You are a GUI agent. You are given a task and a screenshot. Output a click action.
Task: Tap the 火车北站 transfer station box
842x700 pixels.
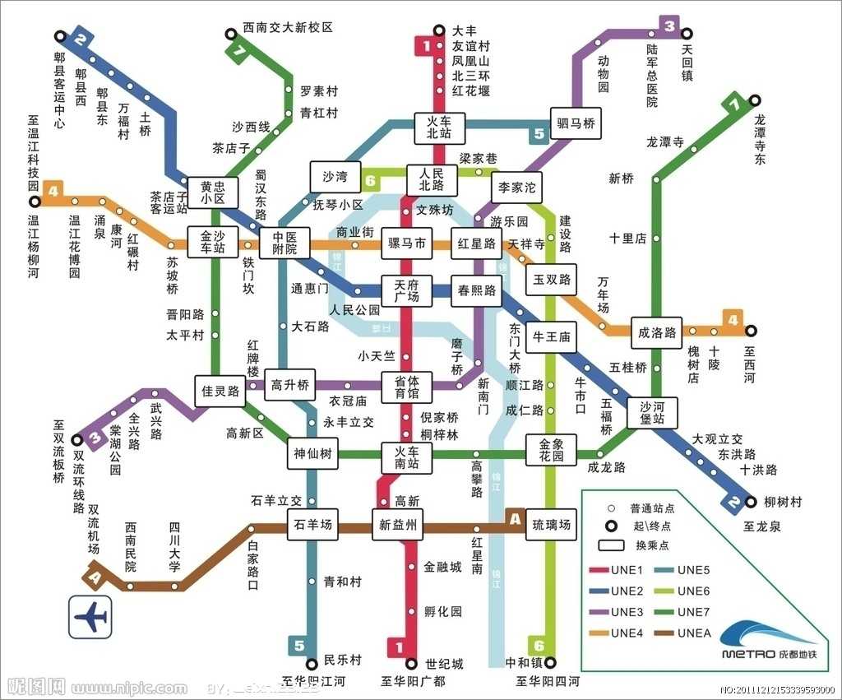click(x=440, y=126)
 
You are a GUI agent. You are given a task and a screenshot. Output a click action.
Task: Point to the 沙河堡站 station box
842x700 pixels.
click(x=652, y=413)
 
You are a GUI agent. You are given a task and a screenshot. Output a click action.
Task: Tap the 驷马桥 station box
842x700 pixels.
click(x=576, y=124)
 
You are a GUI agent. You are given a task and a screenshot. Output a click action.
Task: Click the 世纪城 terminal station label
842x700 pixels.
click(x=445, y=663)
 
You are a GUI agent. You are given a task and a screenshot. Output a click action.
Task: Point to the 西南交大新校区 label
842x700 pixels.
click(x=288, y=28)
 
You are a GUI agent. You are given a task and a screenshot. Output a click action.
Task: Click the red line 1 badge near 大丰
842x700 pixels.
click(x=427, y=46)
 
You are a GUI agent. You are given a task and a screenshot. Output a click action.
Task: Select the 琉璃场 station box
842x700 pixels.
click(x=551, y=524)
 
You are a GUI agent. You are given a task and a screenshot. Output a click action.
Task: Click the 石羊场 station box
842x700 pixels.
click(x=312, y=524)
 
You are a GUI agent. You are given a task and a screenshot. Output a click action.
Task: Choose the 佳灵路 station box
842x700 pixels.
click(x=220, y=392)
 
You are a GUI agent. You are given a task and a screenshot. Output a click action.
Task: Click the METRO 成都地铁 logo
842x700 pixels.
click(x=768, y=642)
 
